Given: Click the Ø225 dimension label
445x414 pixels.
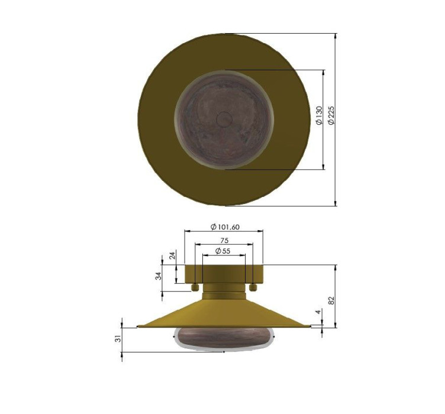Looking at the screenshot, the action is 331,115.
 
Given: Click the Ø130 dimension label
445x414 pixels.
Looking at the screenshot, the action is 319,115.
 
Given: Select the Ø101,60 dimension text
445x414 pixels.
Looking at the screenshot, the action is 225,227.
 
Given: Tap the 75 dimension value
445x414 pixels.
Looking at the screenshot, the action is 224,241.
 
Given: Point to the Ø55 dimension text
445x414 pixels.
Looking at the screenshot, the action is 222,251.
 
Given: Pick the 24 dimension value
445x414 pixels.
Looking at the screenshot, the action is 172,255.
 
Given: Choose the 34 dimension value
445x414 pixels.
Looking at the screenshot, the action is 159,276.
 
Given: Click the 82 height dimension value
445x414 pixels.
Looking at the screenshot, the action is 331,300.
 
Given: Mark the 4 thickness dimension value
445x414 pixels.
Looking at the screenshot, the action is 318,312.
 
